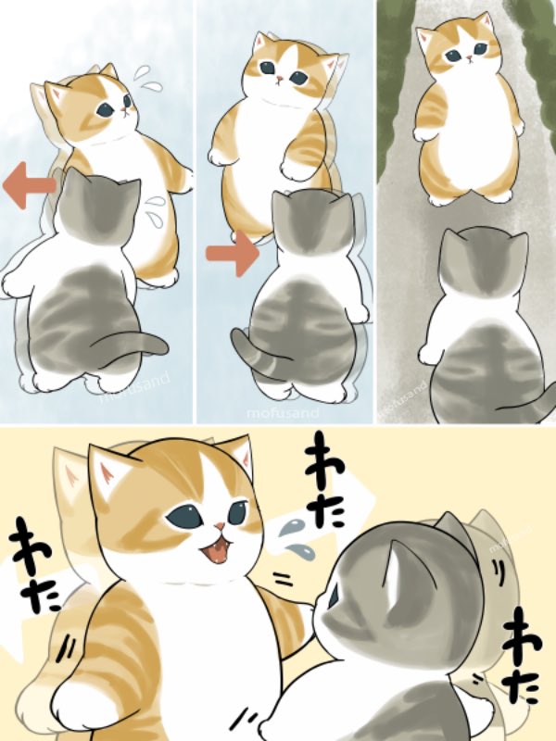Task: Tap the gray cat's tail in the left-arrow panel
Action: coord(139,346)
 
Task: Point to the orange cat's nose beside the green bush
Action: coord(468,58)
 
